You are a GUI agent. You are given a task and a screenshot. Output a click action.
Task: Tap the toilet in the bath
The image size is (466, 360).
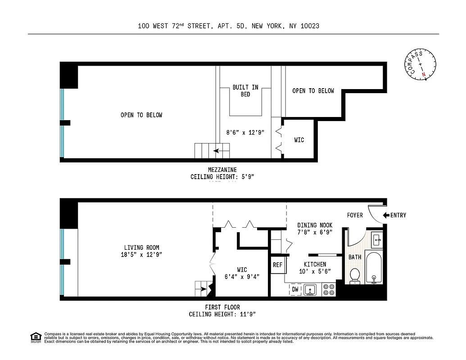[x=355, y=276]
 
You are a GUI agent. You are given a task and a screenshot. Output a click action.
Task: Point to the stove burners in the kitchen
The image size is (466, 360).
[x=329, y=289]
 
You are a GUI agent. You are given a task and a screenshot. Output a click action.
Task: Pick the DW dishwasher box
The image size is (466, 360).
[x=295, y=289]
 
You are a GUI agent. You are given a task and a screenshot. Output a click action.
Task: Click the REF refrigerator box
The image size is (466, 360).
[x=278, y=265]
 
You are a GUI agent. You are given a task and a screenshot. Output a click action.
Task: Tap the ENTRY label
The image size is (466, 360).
[x=398, y=216]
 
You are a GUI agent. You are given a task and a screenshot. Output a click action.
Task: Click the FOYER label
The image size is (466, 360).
[x=355, y=216]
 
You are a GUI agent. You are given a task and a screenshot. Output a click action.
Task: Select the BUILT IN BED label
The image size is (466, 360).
[x=245, y=91]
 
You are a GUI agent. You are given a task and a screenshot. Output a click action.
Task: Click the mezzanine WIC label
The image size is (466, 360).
[x=299, y=140]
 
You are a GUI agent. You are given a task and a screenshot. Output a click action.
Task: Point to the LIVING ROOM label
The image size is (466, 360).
[x=141, y=247]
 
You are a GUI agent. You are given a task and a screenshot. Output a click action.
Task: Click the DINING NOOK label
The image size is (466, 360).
[x=315, y=225]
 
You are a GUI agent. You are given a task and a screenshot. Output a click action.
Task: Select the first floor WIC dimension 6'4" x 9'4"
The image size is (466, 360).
[x=242, y=277]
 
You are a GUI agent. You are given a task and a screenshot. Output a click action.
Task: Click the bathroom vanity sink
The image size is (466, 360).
[x=377, y=238]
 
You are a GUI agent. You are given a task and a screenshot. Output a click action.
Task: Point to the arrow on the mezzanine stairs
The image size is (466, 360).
[x=219, y=151]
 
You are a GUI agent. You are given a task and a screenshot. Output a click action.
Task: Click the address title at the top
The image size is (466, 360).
[x=229, y=26]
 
